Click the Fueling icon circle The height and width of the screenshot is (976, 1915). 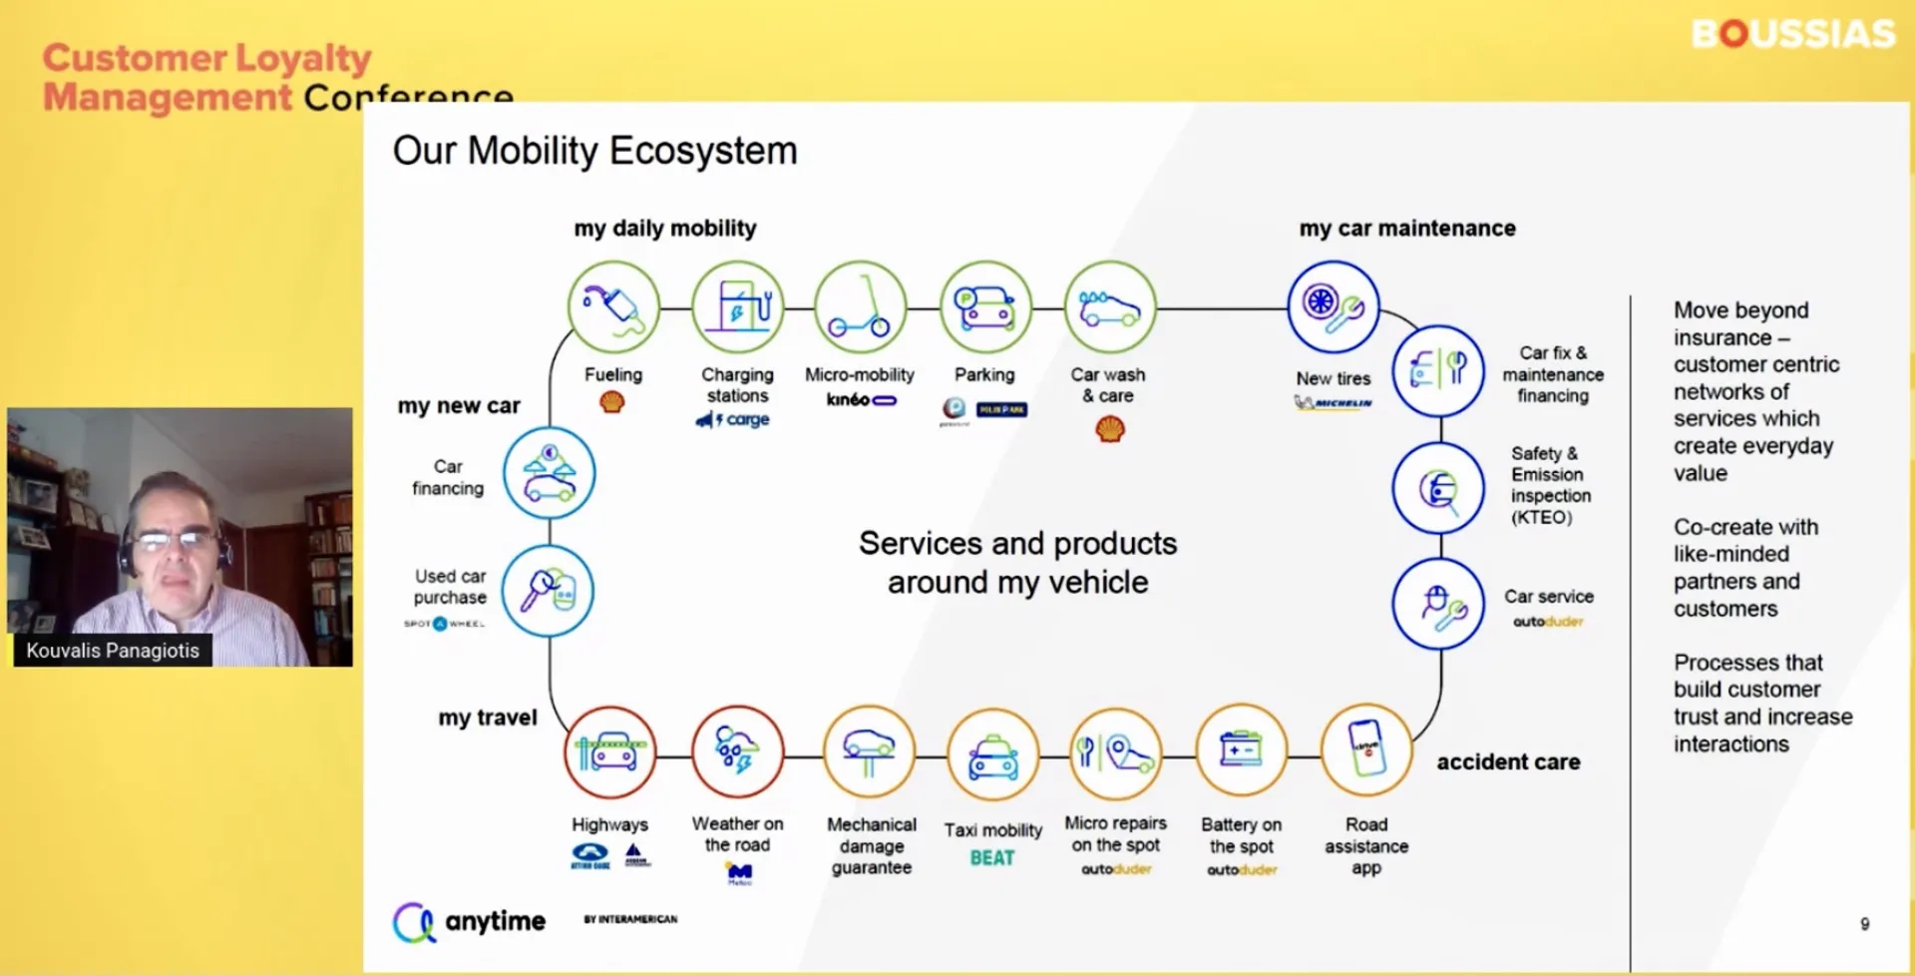click(x=613, y=307)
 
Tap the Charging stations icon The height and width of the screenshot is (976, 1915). click(x=738, y=307)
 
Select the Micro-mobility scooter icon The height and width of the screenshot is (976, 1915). click(x=860, y=307)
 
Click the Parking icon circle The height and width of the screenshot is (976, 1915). click(x=985, y=307)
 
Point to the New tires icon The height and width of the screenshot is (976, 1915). click(x=1334, y=307)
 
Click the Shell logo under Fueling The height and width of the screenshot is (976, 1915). click(x=612, y=402)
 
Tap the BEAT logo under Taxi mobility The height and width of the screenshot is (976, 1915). click(x=992, y=858)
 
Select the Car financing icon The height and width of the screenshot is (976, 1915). click(x=549, y=473)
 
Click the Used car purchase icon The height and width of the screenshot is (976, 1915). click(x=548, y=592)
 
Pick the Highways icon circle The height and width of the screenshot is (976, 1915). click(x=610, y=752)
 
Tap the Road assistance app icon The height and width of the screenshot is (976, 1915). click(x=1366, y=750)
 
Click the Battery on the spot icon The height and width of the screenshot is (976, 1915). click(x=1242, y=750)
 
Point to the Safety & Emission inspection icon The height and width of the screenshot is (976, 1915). click(x=1438, y=488)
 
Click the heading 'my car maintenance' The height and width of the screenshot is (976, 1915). click(x=1406, y=229)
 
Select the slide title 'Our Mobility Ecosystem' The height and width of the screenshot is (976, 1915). click(x=594, y=152)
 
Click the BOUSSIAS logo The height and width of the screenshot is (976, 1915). click(x=1792, y=35)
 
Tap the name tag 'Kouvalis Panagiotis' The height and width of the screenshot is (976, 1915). click(x=113, y=651)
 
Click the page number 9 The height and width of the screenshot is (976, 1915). click(x=1864, y=924)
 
